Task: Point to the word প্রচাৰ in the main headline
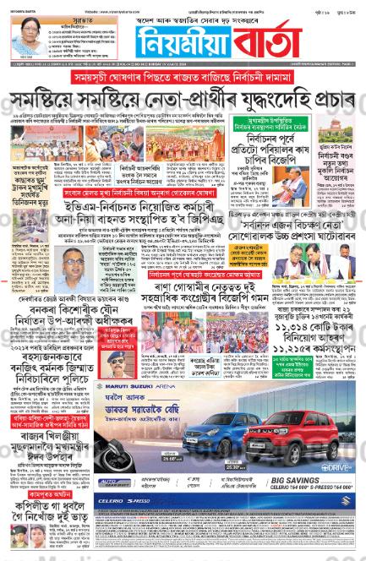coord(317,100)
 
